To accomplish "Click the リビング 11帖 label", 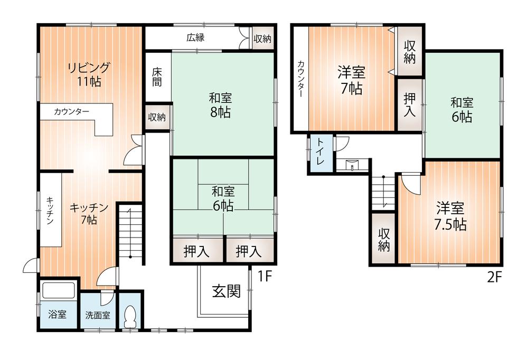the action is pyautogui.click(x=89, y=74).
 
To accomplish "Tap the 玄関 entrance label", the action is pyautogui.click(x=227, y=291).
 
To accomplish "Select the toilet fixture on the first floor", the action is pyautogui.click(x=130, y=317).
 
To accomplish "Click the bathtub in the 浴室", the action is pyautogui.click(x=58, y=290).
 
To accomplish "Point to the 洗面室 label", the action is pyautogui.click(x=98, y=315).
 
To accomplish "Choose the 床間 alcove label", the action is pyautogui.click(x=157, y=77).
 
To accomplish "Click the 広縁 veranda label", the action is pyautogui.click(x=196, y=37).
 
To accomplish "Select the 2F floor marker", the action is pyautogui.click(x=494, y=278).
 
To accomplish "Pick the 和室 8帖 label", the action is pyautogui.click(x=221, y=106).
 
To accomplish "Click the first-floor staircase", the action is pyautogui.click(x=130, y=232).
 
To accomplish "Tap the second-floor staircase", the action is pyautogui.click(x=383, y=193).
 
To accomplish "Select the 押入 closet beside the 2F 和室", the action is pyautogui.click(x=410, y=105).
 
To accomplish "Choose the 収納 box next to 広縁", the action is pyautogui.click(x=262, y=39).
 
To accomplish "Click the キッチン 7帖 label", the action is pyautogui.click(x=88, y=213).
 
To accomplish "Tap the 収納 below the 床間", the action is pyautogui.click(x=157, y=117).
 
